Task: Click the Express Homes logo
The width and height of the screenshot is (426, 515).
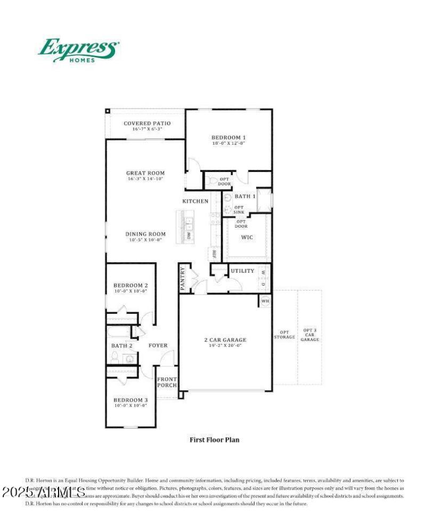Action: pyautogui.click(x=78, y=50)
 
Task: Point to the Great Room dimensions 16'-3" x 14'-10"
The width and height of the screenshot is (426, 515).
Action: pyautogui.click(x=145, y=179)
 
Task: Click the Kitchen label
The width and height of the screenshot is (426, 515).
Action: pyautogui.click(x=195, y=201)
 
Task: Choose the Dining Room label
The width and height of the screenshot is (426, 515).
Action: pyautogui.click(x=145, y=234)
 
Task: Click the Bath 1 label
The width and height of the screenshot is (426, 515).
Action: pyautogui.click(x=245, y=196)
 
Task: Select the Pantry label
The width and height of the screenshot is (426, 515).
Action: pyautogui.click(x=182, y=278)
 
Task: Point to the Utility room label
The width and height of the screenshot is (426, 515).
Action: pyautogui.click(x=242, y=271)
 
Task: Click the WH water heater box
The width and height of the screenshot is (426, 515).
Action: pyautogui.click(x=265, y=301)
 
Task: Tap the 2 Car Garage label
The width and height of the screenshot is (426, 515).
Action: pyautogui.click(x=225, y=340)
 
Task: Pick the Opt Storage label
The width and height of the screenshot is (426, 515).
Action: pyautogui.click(x=284, y=334)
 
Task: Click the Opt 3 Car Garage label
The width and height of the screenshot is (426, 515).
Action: pyautogui.click(x=311, y=335)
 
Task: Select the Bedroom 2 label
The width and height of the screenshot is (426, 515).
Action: pyautogui.click(x=130, y=285)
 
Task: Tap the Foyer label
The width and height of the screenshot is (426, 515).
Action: pyautogui.click(x=158, y=345)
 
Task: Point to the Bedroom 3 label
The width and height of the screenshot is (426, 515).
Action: pyautogui.click(x=130, y=400)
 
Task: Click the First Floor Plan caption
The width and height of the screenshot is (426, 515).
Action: pyautogui.click(x=215, y=439)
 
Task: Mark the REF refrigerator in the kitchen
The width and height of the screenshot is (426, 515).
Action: pyautogui.click(x=214, y=254)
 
